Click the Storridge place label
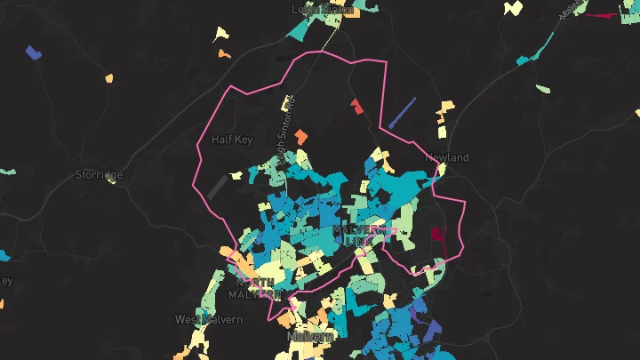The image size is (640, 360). click(x=99, y=174)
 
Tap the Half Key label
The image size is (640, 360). click(x=232, y=140)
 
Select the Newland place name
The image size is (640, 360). click(x=446, y=157)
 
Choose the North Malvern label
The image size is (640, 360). click(x=254, y=288)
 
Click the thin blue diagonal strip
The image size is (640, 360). click(x=403, y=112)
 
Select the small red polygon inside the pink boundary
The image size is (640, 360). click(x=356, y=106)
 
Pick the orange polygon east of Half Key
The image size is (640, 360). click(x=302, y=137)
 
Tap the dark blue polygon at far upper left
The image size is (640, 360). click(x=35, y=52)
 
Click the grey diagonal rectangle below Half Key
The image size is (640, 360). click(x=216, y=186)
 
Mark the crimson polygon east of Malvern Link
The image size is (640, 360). click(x=437, y=234)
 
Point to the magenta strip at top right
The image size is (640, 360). click(x=607, y=15)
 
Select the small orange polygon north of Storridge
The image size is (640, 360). click(x=109, y=78)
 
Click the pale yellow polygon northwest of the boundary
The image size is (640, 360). click(x=221, y=35)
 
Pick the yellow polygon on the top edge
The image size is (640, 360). click(x=513, y=8)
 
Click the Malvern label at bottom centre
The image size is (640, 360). click(x=309, y=337)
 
